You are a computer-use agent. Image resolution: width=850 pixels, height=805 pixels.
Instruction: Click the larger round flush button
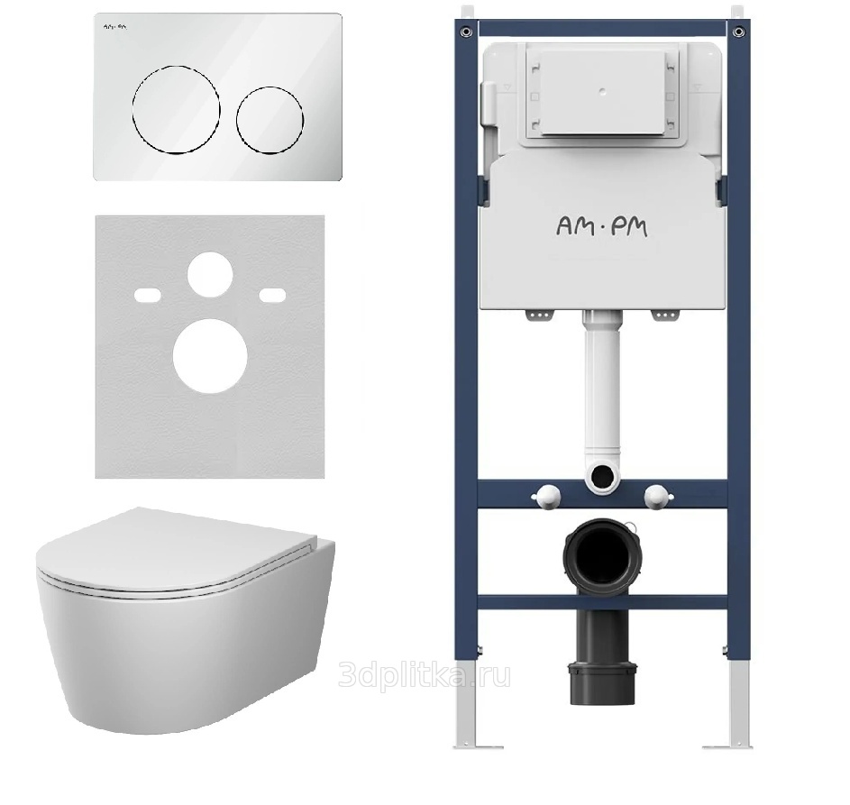176,110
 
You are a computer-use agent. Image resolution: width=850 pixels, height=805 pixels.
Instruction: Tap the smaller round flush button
270,119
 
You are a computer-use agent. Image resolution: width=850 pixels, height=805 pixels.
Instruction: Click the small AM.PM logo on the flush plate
114,26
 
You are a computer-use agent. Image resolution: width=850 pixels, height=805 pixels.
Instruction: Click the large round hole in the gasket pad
210,356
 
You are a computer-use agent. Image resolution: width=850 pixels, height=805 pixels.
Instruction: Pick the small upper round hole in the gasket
210,274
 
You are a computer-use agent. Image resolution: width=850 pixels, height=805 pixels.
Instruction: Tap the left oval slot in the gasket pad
148,295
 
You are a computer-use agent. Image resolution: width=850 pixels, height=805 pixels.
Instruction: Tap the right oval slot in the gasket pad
273,295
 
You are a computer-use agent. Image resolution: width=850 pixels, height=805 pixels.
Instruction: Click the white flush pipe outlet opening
602,476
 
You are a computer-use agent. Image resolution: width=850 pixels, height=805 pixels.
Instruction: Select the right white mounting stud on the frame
658,496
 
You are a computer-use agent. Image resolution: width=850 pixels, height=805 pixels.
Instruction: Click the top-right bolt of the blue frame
738,32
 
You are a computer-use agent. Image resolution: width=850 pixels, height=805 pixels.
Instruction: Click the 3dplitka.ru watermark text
424,675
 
